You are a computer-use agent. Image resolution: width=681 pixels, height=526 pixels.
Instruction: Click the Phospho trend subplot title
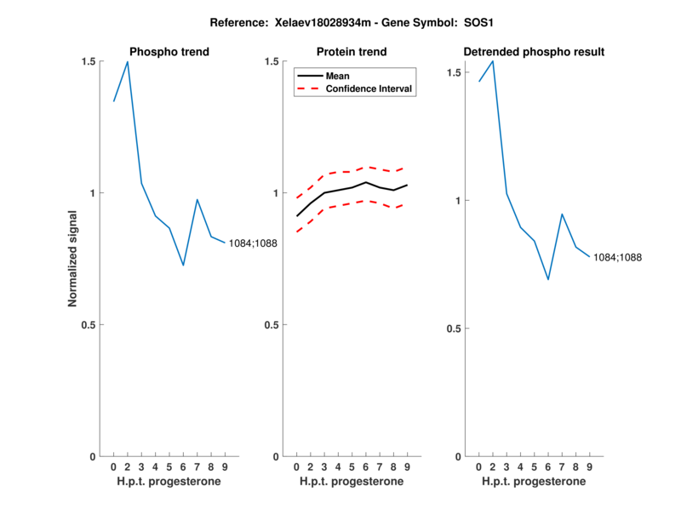pyautogui.click(x=169, y=52)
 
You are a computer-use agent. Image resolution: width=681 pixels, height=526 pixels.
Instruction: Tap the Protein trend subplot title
pyautogui.click(x=351, y=52)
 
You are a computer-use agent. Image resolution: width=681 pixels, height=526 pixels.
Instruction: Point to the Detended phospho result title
pyautogui.click(x=534, y=52)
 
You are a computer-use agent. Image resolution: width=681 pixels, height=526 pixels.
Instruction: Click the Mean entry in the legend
pyautogui.click(x=337, y=76)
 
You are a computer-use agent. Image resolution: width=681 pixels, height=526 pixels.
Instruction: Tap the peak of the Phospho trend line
pyautogui.click(x=128, y=61)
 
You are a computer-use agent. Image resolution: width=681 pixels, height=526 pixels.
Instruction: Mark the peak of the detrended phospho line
pyautogui.click(x=493, y=60)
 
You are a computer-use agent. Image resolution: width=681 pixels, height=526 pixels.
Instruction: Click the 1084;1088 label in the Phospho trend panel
pyautogui.click(x=253, y=244)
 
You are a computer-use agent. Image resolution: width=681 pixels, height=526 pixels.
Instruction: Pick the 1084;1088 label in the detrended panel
pyautogui.click(x=617, y=257)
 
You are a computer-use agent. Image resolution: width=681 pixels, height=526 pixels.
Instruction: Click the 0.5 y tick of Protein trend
pyautogui.click(x=272, y=325)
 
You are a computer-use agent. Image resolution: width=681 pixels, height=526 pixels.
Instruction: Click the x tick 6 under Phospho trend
pyautogui.click(x=183, y=466)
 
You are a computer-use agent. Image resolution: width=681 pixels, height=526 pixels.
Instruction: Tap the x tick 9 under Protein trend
pyautogui.click(x=407, y=466)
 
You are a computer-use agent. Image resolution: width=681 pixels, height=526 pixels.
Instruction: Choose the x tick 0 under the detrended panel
pyautogui.click(x=479, y=466)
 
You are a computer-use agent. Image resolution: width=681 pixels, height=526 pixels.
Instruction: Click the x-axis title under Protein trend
pyautogui.click(x=351, y=482)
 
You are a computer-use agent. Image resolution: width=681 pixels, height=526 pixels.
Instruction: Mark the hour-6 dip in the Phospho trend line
pyautogui.click(x=183, y=266)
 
